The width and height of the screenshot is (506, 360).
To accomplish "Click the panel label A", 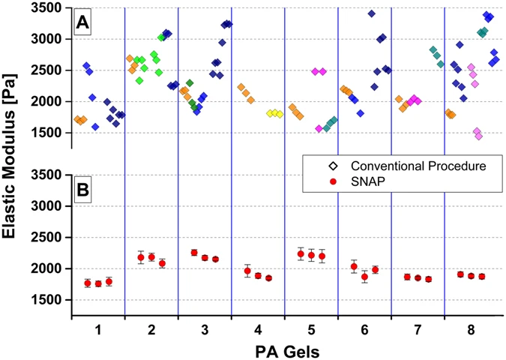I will [x=82, y=24].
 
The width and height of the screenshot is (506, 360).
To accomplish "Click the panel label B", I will [x=82, y=189].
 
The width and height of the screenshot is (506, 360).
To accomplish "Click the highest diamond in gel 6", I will [x=371, y=13].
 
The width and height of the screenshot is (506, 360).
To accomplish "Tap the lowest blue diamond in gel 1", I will [x=95, y=127].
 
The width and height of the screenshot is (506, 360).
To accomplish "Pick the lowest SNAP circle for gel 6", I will [x=364, y=277].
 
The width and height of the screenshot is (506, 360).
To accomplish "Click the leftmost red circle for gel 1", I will [x=87, y=283].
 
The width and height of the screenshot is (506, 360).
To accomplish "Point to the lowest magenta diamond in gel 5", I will [x=319, y=128].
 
